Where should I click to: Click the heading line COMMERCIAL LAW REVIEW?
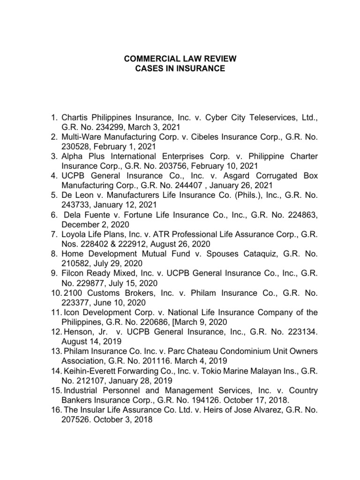click(180, 59)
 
